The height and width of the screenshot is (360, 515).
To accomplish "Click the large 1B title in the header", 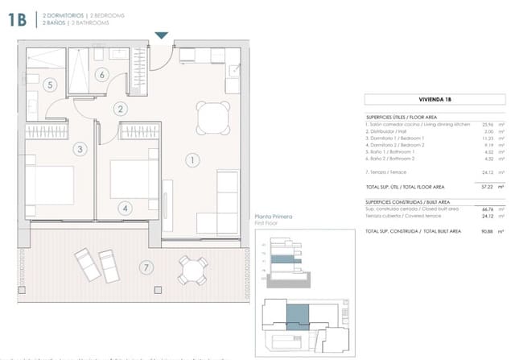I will (21, 19).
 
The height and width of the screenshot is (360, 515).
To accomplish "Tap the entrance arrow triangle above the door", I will (162, 35).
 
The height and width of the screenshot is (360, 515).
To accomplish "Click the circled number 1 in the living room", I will (193, 160).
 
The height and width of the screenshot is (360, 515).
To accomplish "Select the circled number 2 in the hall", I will (119, 109).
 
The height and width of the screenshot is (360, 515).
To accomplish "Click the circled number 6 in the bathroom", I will (102, 75).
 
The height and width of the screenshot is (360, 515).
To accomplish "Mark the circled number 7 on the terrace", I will (145, 267).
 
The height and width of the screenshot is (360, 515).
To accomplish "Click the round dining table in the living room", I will (211, 119).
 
